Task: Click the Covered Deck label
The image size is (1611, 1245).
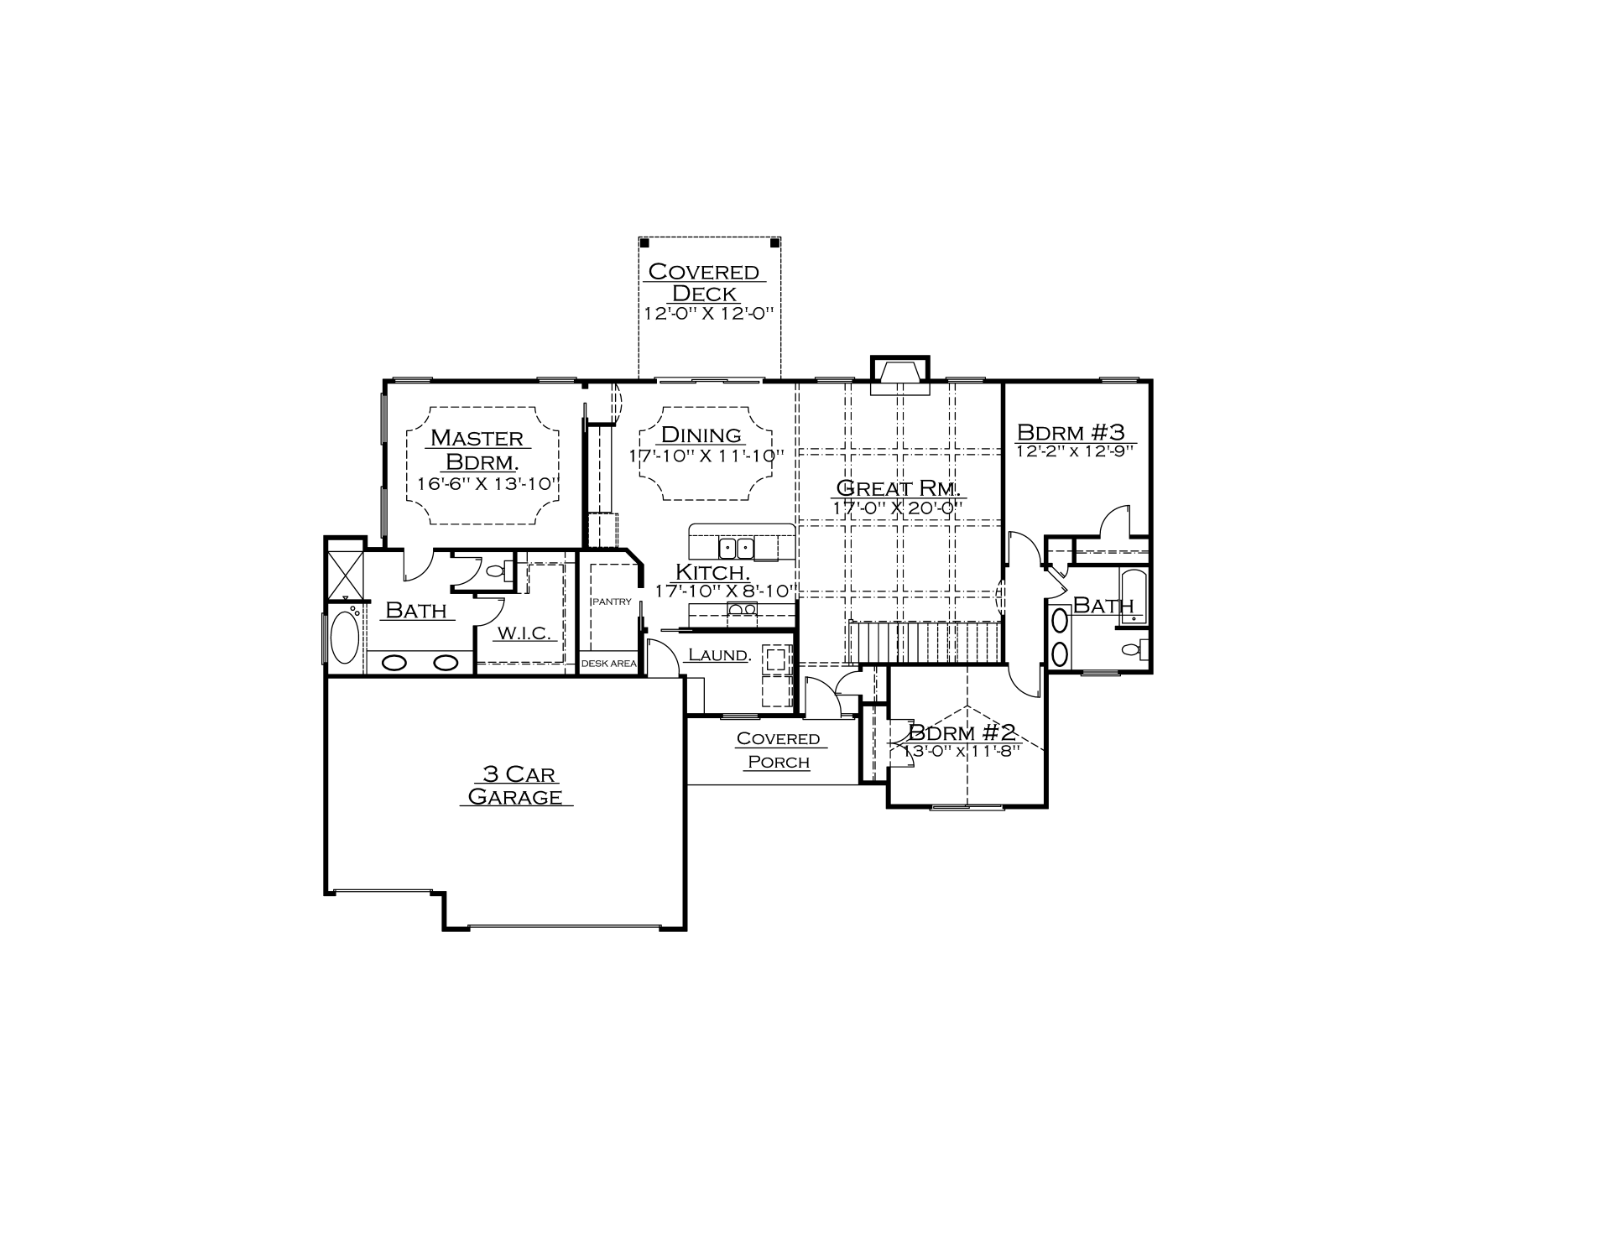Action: point(704,283)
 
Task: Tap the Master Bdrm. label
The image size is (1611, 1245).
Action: point(478,450)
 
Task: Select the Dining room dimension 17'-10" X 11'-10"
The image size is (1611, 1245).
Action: point(707,456)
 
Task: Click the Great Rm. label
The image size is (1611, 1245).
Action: point(899,488)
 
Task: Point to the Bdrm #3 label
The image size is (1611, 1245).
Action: point(1071,432)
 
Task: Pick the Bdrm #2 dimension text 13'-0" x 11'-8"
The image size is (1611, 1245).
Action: point(962,751)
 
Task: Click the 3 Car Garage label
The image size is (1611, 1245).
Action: point(516,785)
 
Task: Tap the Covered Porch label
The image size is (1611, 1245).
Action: point(779,750)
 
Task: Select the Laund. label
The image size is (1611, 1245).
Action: point(719,654)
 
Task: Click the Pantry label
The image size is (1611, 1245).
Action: point(612,602)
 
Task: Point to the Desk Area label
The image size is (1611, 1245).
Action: point(609,664)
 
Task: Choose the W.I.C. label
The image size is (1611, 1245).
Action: point(524,633)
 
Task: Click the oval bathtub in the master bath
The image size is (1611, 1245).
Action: point(345,638)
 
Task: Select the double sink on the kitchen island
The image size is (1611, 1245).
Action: point(737,549)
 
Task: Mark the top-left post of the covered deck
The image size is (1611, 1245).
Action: point(644,242)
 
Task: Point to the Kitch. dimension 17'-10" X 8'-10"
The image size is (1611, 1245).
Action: point(724,591)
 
